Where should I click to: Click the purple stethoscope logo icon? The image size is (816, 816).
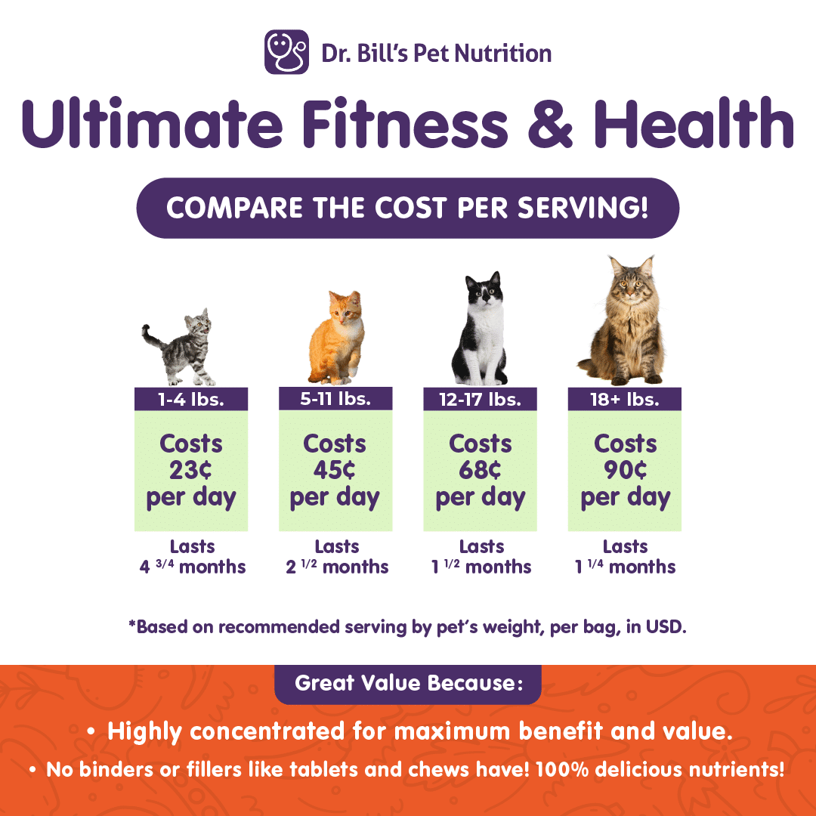[287, 52]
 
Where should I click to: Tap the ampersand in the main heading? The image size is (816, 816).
[550, 124]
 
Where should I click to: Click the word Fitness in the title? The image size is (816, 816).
[405, 123]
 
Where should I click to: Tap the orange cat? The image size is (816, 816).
[336, 338]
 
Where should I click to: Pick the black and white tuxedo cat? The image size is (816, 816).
[481, 329]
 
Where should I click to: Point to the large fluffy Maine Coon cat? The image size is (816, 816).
[623, 320]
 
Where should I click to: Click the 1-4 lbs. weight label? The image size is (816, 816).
[191, 399]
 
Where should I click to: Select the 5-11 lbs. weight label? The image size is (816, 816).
[335, 399]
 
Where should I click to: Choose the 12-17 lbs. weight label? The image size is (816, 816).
[480, 399]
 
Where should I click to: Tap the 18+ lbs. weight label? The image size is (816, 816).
[625, 399]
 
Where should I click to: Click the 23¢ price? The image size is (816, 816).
[190, 470]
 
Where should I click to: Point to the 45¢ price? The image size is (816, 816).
[334, 470]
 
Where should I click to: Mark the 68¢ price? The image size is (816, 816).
[480, 470]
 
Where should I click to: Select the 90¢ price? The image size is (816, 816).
[625, 470]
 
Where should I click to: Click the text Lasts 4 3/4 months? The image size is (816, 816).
[193, 556]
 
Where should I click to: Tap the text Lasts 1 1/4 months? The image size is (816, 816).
[625, 556]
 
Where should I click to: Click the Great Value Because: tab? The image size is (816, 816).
[408, 684]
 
